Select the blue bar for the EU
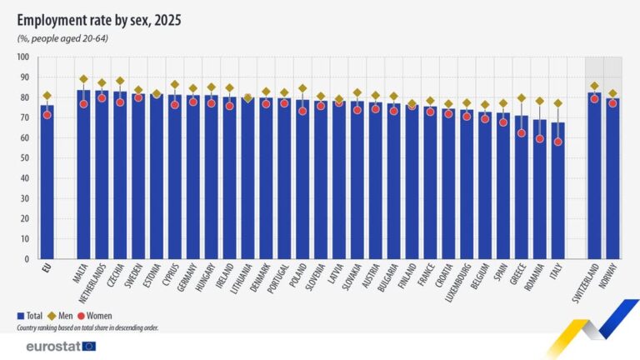[x=47, y=183]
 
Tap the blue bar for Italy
[x=557, y=192]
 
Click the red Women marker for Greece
[x=522, y=132]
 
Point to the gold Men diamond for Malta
[x=84, y=79]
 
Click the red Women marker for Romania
[x=540, y=139]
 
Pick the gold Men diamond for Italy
[x=557, y=103]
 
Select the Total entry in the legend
[x=30, y=316]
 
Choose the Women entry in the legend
[x=97, y=316]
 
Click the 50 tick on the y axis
[x=25, y=158]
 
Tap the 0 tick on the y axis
[x=27, y=259]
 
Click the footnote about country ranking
[x=87, y=327]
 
